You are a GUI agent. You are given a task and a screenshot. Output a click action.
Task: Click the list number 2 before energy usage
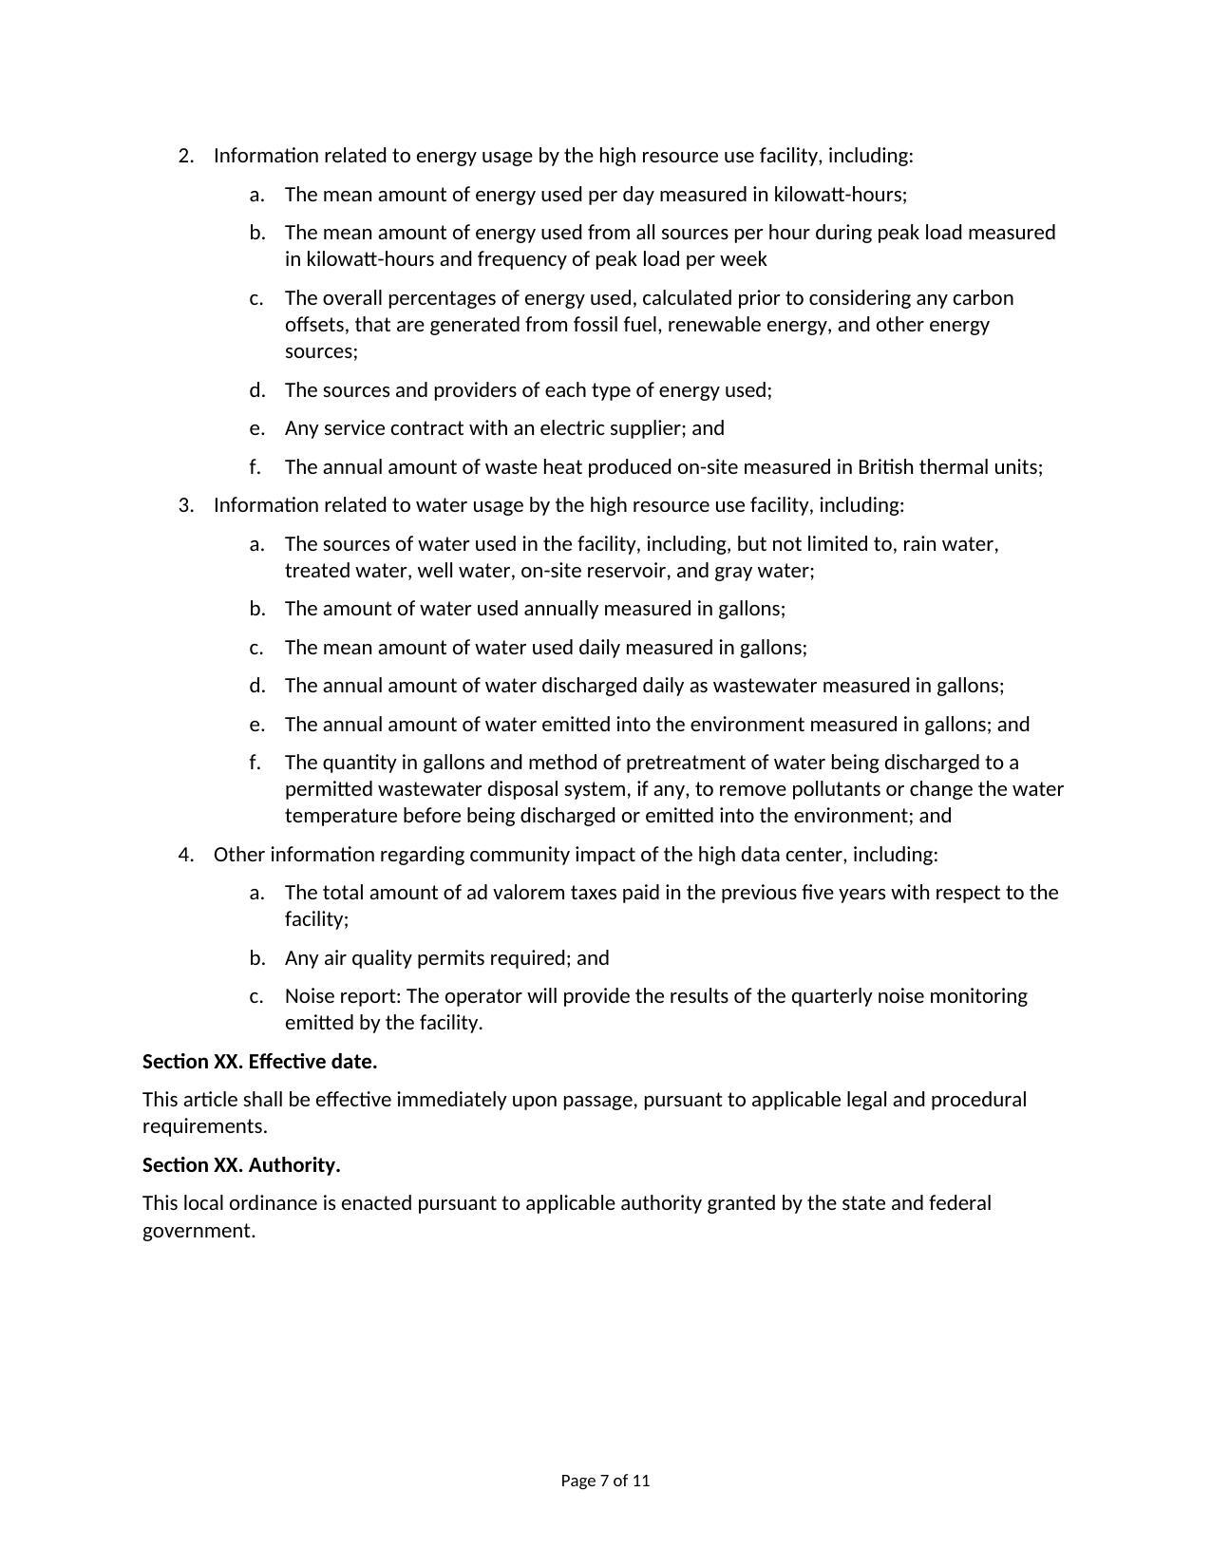(x=185, y=156)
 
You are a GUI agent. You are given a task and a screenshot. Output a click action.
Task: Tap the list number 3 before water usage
(x=185, y=505)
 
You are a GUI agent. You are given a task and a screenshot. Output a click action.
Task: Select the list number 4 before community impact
(x=185, y=855)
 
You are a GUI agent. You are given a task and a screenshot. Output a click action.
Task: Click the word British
(x=888, y=467)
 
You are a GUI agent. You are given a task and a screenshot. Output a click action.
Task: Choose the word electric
(x=576, y=428)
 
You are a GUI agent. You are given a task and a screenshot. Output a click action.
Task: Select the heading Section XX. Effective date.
(x=259, y=1062)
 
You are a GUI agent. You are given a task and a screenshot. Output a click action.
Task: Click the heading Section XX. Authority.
(x=241, y=1165)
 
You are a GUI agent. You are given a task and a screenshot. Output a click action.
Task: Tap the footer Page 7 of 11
(x=605, y=1481)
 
